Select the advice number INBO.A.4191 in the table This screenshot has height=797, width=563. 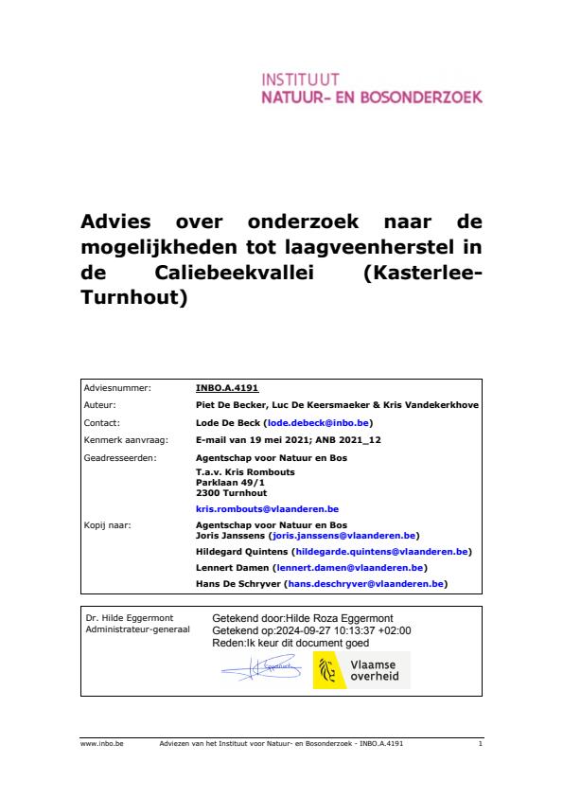coord(227,387)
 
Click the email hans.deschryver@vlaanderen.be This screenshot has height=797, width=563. coord(365,585)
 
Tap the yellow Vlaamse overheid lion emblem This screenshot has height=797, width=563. coord(327,670)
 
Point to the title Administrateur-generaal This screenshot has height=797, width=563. coord(137,629)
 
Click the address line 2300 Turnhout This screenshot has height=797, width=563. coord(231,492)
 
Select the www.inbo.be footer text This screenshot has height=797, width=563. coord(96,745)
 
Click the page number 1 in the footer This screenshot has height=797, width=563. coord(480,745)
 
